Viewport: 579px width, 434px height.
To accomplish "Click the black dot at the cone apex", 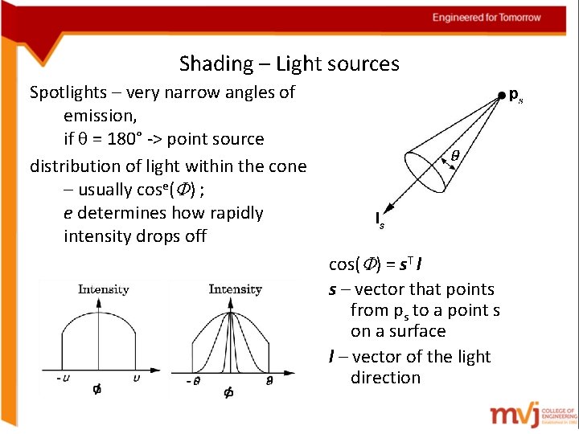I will (501, 95).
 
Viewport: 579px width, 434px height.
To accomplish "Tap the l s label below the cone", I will (380, 219).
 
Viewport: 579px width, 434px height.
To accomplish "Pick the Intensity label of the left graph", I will (103, 289).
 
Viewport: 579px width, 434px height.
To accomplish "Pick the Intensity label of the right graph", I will (235, 289).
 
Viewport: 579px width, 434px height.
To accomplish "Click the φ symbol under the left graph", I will (96, 390).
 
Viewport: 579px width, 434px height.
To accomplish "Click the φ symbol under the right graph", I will (228, 393).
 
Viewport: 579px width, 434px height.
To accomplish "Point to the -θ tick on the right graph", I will (194, 382).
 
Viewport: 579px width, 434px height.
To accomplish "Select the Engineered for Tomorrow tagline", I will (487, 18).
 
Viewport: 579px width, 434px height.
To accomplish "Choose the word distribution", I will (76, 166).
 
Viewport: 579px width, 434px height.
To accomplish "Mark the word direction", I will (385, 378).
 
